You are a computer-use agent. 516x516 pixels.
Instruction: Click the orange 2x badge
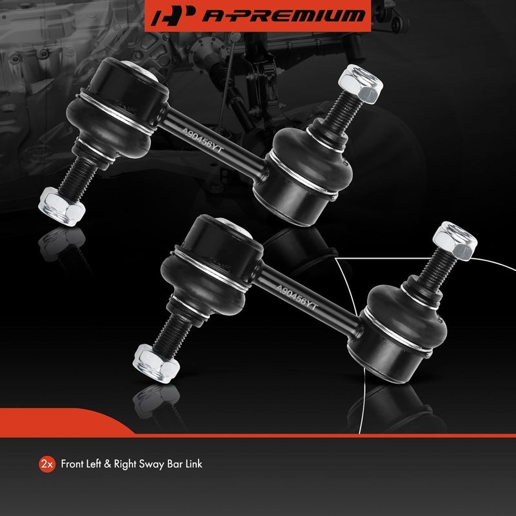coord(46,464)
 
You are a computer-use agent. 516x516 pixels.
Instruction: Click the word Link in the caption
coord(193,464)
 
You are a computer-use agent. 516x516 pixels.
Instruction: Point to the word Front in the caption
coord(73,464)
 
